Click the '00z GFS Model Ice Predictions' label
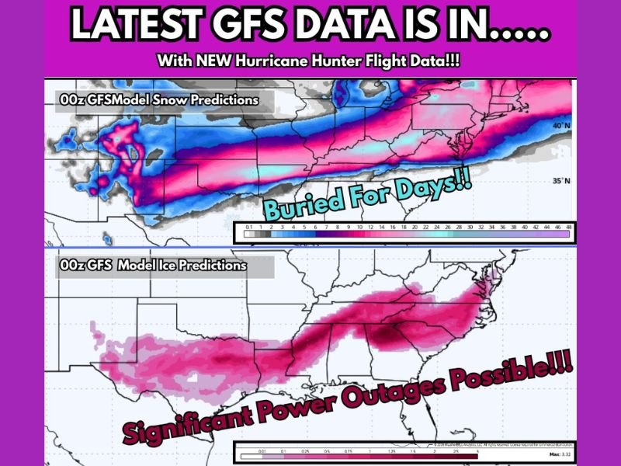153,266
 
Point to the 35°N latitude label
559,181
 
